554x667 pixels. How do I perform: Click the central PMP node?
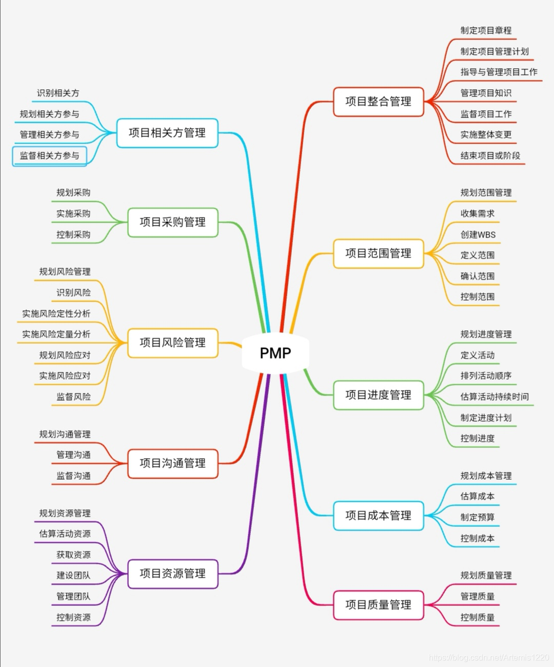pyautogui.click(x=275, y=353)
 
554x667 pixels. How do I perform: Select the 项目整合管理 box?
pyautogui.click(x=378, y=102)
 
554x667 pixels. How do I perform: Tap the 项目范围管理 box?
pyautogui.click(x=378, y=253)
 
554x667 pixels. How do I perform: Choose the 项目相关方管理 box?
pyautogui.click(x=167, y=133)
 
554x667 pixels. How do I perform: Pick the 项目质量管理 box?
pyautogui.click(x=378, y=605)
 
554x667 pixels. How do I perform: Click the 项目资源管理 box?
pyautogui.click(x=172, y=574)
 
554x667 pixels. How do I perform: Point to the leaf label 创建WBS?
pyautogui.click(x=478, y=234)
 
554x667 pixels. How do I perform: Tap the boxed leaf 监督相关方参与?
pyautogui.click(x=49, y=155)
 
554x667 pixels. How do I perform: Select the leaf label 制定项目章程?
pyautogui.click(x=486, y=30)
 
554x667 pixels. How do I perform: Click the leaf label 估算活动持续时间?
pyautogui.click(x=494, y=397)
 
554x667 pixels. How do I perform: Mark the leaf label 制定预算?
pyautogui.click(x=477, y=517)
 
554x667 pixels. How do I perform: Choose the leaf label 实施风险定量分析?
pyautogui.click(x=56, y=334)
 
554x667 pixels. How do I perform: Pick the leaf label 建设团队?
pyautogui.click(x=73, y=575)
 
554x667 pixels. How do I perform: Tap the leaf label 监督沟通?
pyautogui.click(x=73, y=476)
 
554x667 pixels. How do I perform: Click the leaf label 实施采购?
pyautogui.click(x=73, y=213)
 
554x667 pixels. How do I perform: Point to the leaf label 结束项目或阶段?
pyautogui.click(x=490, y=155)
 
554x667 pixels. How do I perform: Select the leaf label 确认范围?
pyautogui.click(x=477, y=276)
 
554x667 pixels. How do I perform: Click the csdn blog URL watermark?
pyautogui.click(x=489, y=657)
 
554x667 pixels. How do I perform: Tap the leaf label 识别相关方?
pyautogui.click(x=58, y=93)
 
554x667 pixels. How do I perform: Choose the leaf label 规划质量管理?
pyautogui.click(x=486, y=575)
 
